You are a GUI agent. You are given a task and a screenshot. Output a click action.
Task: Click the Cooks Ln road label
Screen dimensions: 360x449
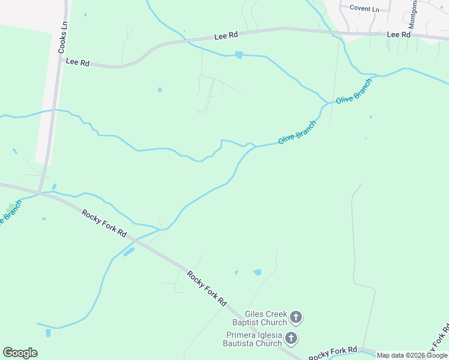point(62,38)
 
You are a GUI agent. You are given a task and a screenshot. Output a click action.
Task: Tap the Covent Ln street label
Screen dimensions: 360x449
point(365,9)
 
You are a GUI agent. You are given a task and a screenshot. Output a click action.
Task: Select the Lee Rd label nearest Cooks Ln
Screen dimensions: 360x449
point(77,62)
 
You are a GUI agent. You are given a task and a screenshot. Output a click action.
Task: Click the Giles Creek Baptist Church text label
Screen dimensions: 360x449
point(266,318)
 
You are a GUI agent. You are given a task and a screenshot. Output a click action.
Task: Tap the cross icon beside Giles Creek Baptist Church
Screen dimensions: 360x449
point(295,317)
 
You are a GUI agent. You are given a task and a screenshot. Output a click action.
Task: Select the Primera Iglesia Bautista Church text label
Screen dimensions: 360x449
point(254,339)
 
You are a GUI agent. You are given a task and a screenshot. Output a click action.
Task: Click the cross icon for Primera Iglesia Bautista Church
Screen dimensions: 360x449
point(291,338)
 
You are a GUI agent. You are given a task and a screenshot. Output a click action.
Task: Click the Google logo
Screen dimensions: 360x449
point(20,353)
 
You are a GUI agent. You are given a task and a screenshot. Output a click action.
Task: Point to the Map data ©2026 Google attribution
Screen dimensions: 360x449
point(412,355)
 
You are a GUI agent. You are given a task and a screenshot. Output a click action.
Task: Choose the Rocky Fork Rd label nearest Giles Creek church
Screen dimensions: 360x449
point(206,289)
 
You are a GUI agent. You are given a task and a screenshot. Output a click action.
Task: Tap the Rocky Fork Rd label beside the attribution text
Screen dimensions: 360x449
point(333,353)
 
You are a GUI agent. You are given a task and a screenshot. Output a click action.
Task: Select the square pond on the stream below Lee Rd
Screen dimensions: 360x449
point(239,55)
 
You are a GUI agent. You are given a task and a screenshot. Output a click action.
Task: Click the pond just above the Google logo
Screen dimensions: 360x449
point(48,332)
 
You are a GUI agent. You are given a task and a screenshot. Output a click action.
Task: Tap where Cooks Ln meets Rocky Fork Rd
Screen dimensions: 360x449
point(39,193)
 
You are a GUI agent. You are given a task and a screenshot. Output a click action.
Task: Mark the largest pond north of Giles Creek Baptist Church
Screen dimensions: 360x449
point(258,272)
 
